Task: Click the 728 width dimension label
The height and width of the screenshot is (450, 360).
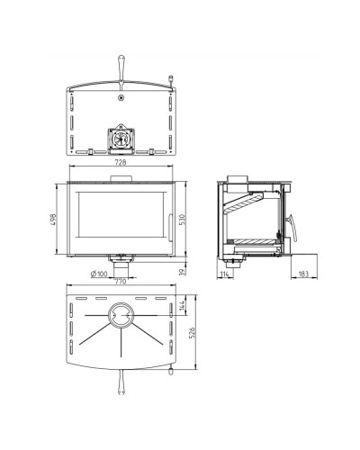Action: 121,162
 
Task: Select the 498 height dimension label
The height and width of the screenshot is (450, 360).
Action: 53,220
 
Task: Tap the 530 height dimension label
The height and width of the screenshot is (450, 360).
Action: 183,220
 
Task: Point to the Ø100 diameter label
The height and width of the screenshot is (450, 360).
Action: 99,274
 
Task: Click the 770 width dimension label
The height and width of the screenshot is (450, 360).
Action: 121,282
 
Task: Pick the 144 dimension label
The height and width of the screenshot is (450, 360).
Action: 182,305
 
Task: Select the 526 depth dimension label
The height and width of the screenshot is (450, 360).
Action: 193,332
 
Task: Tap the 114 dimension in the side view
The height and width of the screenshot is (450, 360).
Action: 225,274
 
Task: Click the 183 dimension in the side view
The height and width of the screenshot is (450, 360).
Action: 304,274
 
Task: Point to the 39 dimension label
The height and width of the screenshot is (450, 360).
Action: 183,272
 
